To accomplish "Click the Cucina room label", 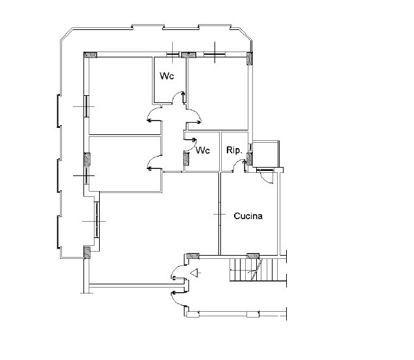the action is tap(248, 216).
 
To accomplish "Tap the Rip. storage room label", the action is tap(234, 150).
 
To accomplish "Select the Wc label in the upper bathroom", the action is tap(167, 76).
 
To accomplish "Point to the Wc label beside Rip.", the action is tap(203, 150).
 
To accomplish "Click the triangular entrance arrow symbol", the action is tap(194, 273).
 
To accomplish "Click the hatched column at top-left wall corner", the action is tap(91, 55).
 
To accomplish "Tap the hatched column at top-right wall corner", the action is tap(249, 59).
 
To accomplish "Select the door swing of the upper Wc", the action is tap(179, 97).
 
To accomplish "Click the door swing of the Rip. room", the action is tap(239, 165).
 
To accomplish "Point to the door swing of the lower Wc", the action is tap(190, 145).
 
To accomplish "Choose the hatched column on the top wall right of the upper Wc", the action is tap(188, 55).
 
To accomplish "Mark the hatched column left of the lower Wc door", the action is tap(186, 159).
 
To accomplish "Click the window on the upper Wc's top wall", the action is tap(173, 55).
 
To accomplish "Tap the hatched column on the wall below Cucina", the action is tap(253, 256).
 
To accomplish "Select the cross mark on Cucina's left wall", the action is tap(220, 215).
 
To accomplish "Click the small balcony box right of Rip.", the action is tap(265, 154).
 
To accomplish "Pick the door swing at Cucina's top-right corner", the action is tap(266, 177).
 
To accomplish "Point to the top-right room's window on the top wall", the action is tap(214, 55).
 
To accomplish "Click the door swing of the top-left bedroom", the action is tap(154, 115).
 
